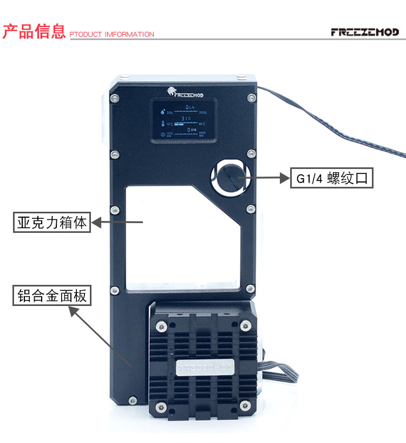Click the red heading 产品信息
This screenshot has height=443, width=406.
pyautogui.click(x=34, y=32)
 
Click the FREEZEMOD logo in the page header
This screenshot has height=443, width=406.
pyautogui.click(x=364, y=32)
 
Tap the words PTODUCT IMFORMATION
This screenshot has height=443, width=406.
pyautogui.click(x=112, y=35)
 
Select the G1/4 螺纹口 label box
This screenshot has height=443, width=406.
pyautogui.click(x=332, y=178)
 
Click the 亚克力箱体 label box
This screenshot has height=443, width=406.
pyautogui.click(x=52, y=222)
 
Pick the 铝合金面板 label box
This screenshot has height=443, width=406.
pyautogui.click(x=52, y=296)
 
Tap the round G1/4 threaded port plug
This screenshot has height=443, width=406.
pyautogui.click(x=230, y=178)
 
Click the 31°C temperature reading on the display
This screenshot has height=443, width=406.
pyautogui.click(x=186, y=118)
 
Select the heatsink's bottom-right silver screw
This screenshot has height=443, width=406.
pyautogui.click(x=246, y=407)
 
